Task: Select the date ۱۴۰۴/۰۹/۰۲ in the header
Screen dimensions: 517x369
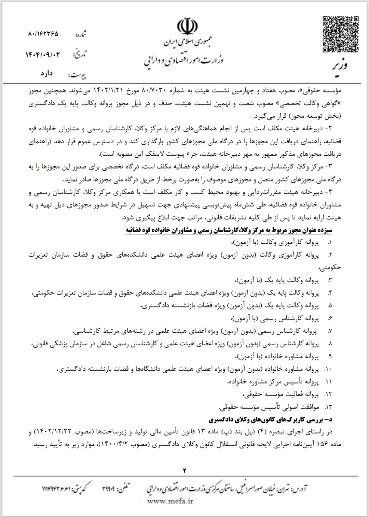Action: pyautogui.click(x=43, y=55)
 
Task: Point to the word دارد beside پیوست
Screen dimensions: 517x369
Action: pyautogui.click(x=46, y=73)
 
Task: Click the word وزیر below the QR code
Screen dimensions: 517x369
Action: pyautogui.click(x=340, y=65)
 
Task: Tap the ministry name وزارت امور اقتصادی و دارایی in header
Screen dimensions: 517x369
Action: pyautogui.click(x=184, y=61)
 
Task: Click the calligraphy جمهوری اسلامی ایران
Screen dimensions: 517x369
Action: pyautogui.click(x=188, y=43)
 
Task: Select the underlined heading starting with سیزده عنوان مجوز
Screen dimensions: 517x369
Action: pyautogui.click(x=228, y=230)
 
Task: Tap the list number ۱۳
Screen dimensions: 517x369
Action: pyautogui.click(x=328, y=407)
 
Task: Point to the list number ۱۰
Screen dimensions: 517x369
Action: pyautogui.click(x=328, y=369)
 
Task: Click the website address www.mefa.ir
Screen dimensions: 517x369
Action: pyautogui.click(x=170, y=501)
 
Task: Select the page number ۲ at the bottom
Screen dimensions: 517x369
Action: pyautogui.click(x=184, y=470)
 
